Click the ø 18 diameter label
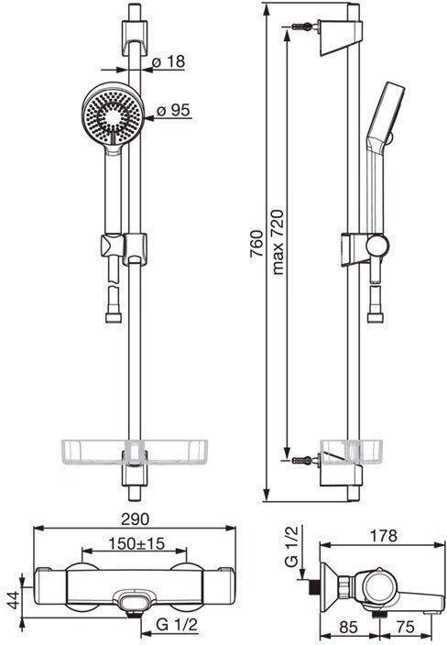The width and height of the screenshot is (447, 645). tap(169, 62)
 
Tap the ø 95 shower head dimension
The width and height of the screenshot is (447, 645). tap(173, 110)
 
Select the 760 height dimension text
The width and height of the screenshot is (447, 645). tap(256, 244)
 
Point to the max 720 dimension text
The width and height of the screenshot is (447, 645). tap(278, 242)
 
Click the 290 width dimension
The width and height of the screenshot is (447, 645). tap(135, 519)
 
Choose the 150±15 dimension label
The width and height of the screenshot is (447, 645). tap(136, 543)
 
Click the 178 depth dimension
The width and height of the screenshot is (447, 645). tap(383, 536)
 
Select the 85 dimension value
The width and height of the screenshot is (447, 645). tap(350, 628)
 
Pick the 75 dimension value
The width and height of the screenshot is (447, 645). tap(405, 627)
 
